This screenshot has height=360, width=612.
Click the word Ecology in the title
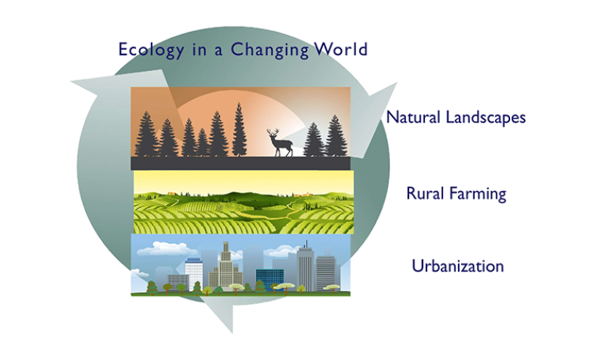(x=151, y=51)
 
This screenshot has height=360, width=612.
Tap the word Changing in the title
(x=269, y=51)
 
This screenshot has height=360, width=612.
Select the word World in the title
(x=342, y=49)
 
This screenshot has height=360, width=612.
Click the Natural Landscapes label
(x=456, y=118)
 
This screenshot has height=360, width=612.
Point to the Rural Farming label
(x=457, y=194)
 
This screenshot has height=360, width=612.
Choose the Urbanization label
(x=458, y=266)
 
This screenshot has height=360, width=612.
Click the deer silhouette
(x=280, y=143)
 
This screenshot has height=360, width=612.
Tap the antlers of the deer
(x=273, y=132)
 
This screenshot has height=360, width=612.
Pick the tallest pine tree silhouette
(x=239, y=130)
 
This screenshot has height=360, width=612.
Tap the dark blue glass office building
(x=269, y=279)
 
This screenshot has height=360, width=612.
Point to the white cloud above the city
(x=168, y=248)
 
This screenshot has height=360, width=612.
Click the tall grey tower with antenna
(x=306, y=267)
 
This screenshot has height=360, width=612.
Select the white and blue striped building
(x=194, y=273)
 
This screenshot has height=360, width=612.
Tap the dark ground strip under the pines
(x=241, y=163)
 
